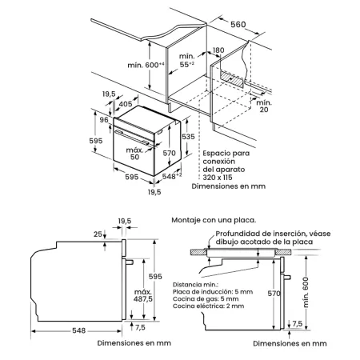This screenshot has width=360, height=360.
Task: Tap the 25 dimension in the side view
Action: (x=98, y=234)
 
